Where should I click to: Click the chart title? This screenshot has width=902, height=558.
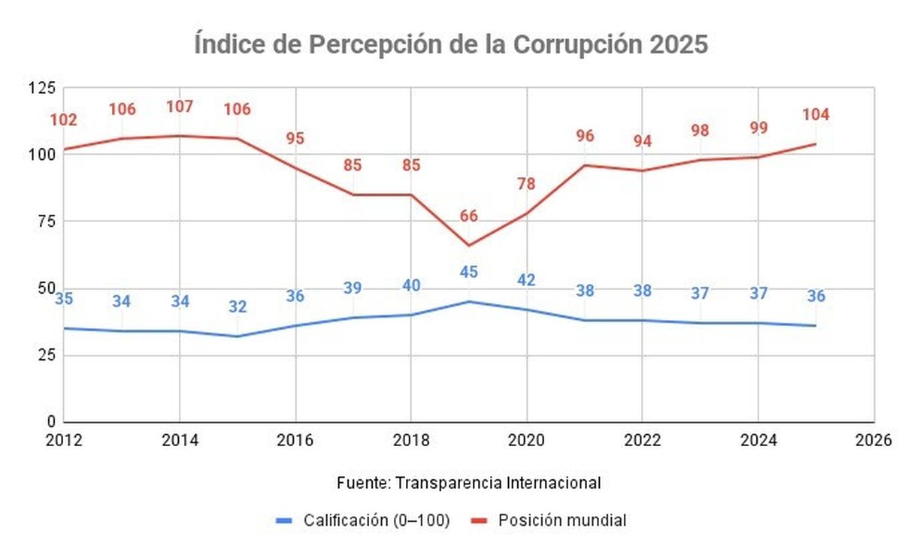pyautogui.click(x=451, y=44)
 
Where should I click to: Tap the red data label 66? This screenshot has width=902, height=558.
pyautogui.click(x=468, y=216)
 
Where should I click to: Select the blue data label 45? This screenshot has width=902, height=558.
pyautogui.click(x=468, y=272)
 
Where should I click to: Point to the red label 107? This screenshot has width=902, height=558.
pyautogui.click(x=180, y=107)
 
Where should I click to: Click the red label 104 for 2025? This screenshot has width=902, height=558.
pyautogui.click(x=816, y=115)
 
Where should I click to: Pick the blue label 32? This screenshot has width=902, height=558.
pyautogui.click(x=238, y=306)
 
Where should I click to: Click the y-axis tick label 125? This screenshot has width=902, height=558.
pyautogui.click(x=42, y=88)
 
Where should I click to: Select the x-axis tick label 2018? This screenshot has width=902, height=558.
pyautogui.click(x=411, y=440)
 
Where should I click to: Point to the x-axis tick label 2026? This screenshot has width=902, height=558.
pyautogui.click(x=873, y=440)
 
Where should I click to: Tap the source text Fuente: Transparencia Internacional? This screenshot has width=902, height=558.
pyautogui.click(x=468, y=483)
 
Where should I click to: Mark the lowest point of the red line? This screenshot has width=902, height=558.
pyautogui.click(x=468, y=245)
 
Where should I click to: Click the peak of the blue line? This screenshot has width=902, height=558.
pyautogui.click(x=468, y=301)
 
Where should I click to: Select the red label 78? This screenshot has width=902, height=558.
pyautogui.click(x=526, y=183)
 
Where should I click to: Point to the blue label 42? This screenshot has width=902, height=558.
pyautogui.click(x=526, y=280)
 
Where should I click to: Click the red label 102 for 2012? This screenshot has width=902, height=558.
pyautogui.click(x=64, y=120)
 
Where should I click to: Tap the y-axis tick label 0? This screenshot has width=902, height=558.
pyautogui.click(x=51, y=422)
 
